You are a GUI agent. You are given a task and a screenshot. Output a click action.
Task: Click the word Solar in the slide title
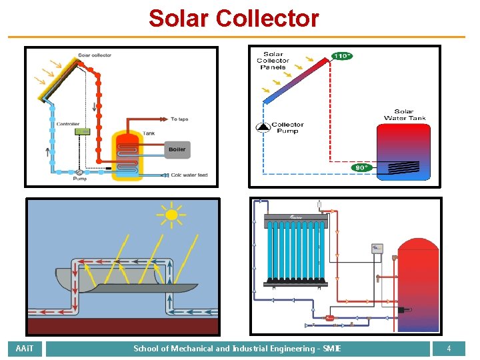tap(179, 18)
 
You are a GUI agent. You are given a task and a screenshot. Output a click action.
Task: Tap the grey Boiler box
tap(177, 149)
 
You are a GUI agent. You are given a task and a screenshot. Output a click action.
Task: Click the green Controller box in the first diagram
tap(83, 131)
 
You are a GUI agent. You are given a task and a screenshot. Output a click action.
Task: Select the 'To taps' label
tap(179, 119)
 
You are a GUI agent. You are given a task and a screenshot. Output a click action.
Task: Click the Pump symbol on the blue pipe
tap(79, 171)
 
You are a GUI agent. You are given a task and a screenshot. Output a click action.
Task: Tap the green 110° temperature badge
tap(341, 56)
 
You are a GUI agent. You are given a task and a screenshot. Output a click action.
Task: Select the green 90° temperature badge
tap(361, 168)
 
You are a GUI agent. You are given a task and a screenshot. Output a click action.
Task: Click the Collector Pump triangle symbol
tap(263, 126)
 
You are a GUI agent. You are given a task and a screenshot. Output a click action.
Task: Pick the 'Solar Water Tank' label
tap(404, 115)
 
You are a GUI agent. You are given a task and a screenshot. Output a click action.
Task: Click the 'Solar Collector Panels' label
tap(273, 61)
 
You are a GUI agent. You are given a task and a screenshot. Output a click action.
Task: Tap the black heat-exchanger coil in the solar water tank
tap(404, 167)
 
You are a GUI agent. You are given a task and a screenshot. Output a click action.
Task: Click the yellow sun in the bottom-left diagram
tap(171, 214)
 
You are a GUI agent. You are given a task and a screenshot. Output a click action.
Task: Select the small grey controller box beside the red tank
tap(377, 249)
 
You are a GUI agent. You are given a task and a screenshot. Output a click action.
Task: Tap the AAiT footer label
tap(25, 349)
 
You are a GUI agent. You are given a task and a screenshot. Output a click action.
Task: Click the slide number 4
tap(449, 349)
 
